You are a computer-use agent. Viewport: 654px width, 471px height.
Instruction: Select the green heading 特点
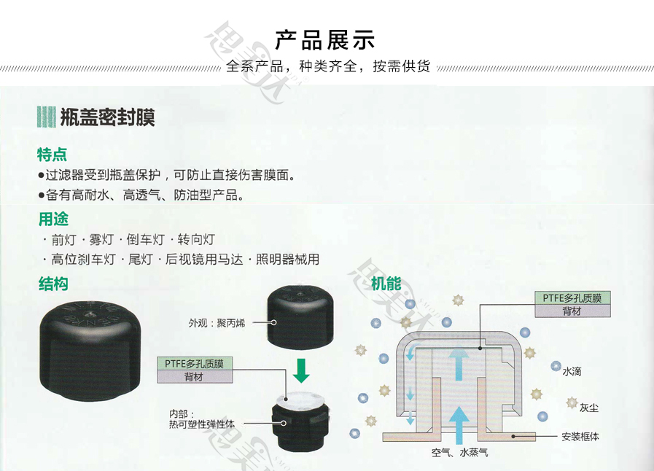(x=52, y=155)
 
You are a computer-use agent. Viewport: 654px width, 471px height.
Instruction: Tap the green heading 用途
(x=53, y=219)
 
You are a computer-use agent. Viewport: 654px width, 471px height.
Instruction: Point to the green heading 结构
(x=53, y=284)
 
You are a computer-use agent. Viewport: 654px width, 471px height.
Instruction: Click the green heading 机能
(x=386, y=284)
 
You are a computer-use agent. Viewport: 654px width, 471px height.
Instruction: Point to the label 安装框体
(x=580, y=437)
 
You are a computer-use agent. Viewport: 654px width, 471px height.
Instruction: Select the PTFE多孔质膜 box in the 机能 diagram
(x=572, y=298)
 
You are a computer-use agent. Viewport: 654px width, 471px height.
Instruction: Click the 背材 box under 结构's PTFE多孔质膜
(x=195, y=377)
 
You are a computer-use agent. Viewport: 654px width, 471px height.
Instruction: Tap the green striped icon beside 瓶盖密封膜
(x=46, y=117)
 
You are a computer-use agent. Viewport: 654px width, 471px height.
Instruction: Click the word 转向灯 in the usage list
(x=196, y=239)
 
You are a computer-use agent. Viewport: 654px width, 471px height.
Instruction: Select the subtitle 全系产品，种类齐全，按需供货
(x=328, y=67)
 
